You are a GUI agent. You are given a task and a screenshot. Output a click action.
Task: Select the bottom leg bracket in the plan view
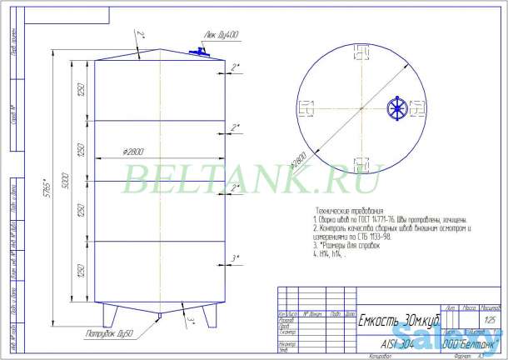coord(360,161)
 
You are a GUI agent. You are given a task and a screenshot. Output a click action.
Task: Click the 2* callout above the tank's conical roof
coord(141,34)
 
